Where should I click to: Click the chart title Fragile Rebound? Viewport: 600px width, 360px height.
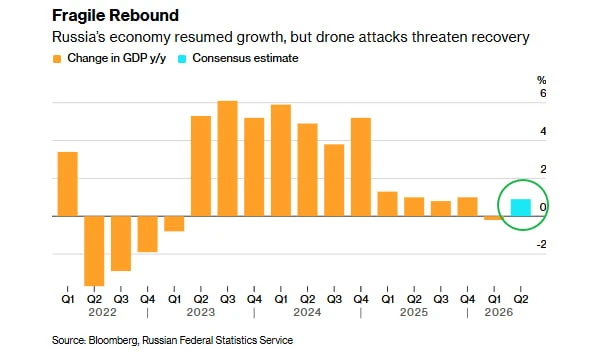coord(115,16)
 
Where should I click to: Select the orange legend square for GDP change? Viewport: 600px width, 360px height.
coord(57,59)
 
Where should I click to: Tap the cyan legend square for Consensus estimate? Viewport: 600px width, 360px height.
coord(182,59)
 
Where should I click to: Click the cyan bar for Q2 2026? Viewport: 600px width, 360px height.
coord(521,208)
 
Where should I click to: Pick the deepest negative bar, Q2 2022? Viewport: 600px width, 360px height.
coord(94,251)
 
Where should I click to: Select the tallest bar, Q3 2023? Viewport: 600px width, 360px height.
coord(228,158)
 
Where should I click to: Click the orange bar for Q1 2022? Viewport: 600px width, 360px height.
coord(68,184)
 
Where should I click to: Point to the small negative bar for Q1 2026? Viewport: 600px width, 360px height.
coord(494,218)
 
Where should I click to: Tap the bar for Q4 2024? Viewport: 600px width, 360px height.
coord(361,167)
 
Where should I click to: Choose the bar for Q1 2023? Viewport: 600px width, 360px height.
coord(174,224)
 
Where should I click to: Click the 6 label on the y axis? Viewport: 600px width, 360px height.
coord(543,93)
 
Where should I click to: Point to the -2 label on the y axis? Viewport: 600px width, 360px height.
coord(541,244)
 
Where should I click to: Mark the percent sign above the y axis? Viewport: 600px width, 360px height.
coord(541,80)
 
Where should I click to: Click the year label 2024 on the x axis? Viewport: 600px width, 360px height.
coord(307,313)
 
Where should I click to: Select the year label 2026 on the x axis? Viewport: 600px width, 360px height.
coord(499,313)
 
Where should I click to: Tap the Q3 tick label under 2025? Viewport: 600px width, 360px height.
coord(441,299)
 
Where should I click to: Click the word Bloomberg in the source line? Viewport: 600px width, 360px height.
coord(113,340)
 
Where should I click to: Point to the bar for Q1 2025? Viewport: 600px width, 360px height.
coord(388,204)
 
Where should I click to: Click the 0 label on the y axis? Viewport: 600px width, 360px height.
coord(543,207)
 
